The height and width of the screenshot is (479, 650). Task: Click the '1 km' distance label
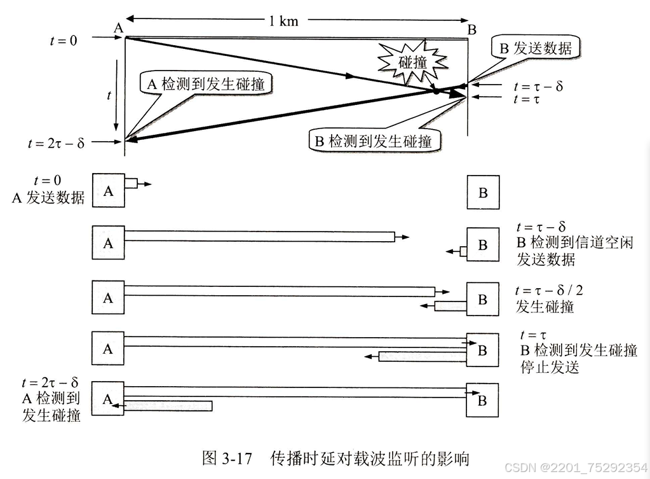(283, 20)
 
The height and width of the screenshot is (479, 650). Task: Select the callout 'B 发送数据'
(536, 48)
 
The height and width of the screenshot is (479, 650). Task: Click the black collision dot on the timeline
(437, 92)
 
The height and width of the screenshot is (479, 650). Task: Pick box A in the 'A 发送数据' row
(108, 190)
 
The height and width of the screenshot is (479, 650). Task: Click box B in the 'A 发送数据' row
(482, 192)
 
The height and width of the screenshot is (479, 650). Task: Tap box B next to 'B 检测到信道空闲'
(482, 244)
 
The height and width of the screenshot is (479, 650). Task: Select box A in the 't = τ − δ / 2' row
(108, 297)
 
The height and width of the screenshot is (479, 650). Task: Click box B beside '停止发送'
(482, 350)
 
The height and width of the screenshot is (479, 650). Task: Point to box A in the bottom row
(108, 399)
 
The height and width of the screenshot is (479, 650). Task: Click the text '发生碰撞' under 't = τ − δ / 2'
(545, 307)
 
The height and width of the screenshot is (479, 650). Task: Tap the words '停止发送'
(550, 367)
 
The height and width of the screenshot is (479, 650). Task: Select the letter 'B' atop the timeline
(471, 29)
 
